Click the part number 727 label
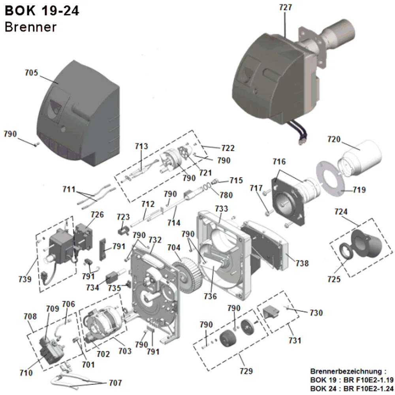(285, 7)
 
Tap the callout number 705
(31, 73)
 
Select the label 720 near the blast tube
(334, 139)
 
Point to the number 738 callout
(302, 263)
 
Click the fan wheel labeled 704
(188, 275)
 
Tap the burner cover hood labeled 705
(79, 113)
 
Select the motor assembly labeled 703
(105, 325)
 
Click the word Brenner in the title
(30, 27)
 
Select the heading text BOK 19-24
(42, 11)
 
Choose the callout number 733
(221, 209)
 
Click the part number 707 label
(115, 383)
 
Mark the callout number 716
(279, 162)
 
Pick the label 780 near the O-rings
(226, 195)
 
